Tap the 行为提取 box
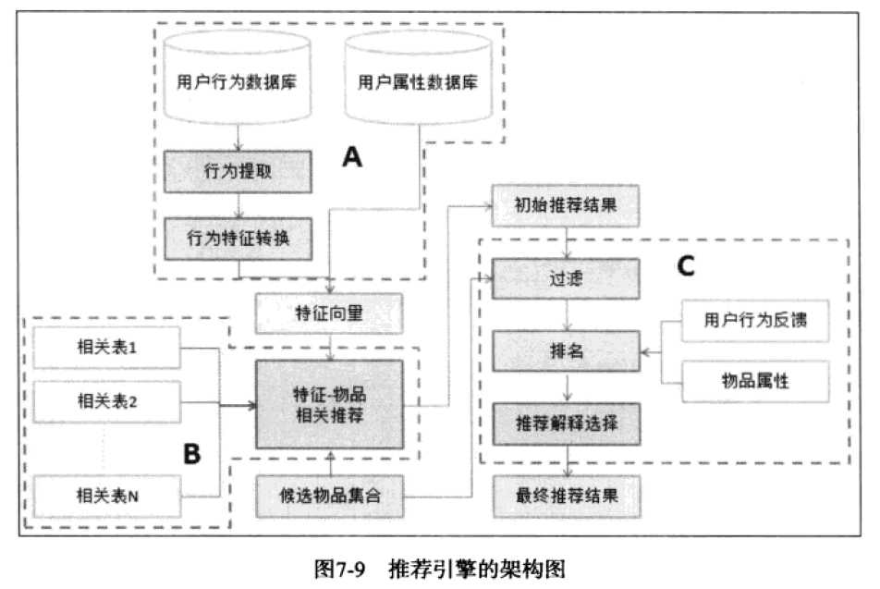[237, 173]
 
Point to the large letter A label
[352, 158]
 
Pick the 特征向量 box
[329, 313]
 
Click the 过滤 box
[565, 277]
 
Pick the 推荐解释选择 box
[565, 423]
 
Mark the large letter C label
[686, 266]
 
